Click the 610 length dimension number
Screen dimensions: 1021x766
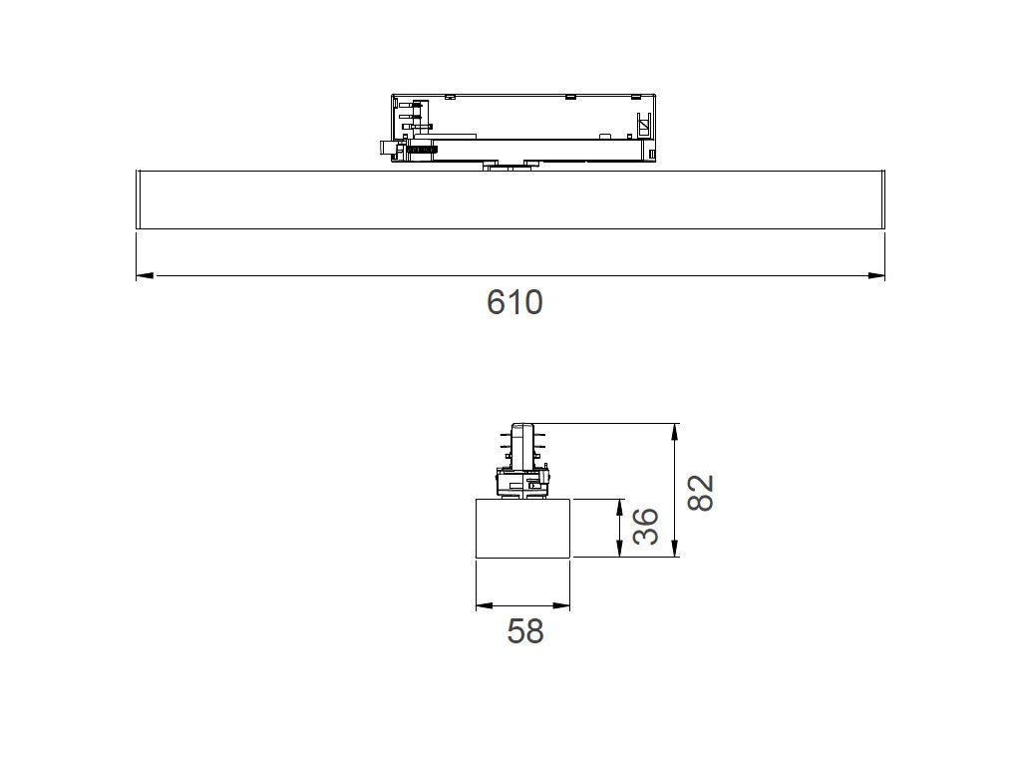tap(514, 302)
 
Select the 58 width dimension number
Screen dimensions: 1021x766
tap(524, 631)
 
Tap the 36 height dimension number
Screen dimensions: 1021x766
tap(646, 527)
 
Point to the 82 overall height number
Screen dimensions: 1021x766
tap(701, 493)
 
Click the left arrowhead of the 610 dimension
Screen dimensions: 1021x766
tap(145, 275)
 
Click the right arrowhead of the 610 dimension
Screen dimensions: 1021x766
tap(876, 275)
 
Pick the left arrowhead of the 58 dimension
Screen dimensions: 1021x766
tap(484, 605)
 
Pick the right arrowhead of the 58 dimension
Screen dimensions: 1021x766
tap(562, 605)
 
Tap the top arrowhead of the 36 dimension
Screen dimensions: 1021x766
tap(619, 508)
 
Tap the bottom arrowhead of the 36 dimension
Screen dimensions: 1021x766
tap(619, 550)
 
